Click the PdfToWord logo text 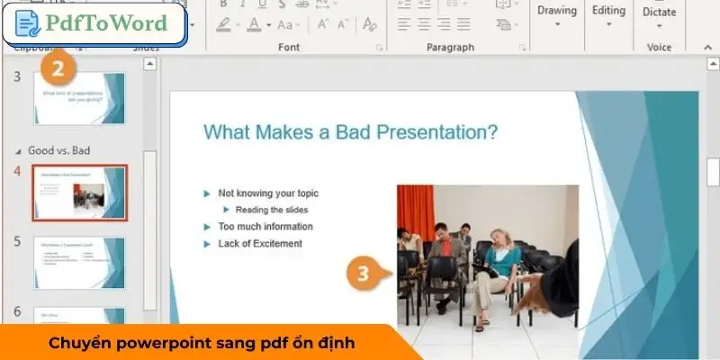(105, 23)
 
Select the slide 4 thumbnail (79, 193)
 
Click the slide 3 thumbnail (79, 98)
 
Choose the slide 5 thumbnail (79, 263)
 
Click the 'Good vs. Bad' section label (59, 150)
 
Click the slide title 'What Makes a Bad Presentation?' (351, 132)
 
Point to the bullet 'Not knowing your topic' (267, 193)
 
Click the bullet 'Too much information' (265, 227)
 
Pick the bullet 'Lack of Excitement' (260, 244)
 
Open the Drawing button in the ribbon (556, 12)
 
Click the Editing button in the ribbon (608, 12)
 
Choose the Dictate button (659, 13)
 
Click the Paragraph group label (450, 47)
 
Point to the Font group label (289, 47)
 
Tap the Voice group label (659, 47)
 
